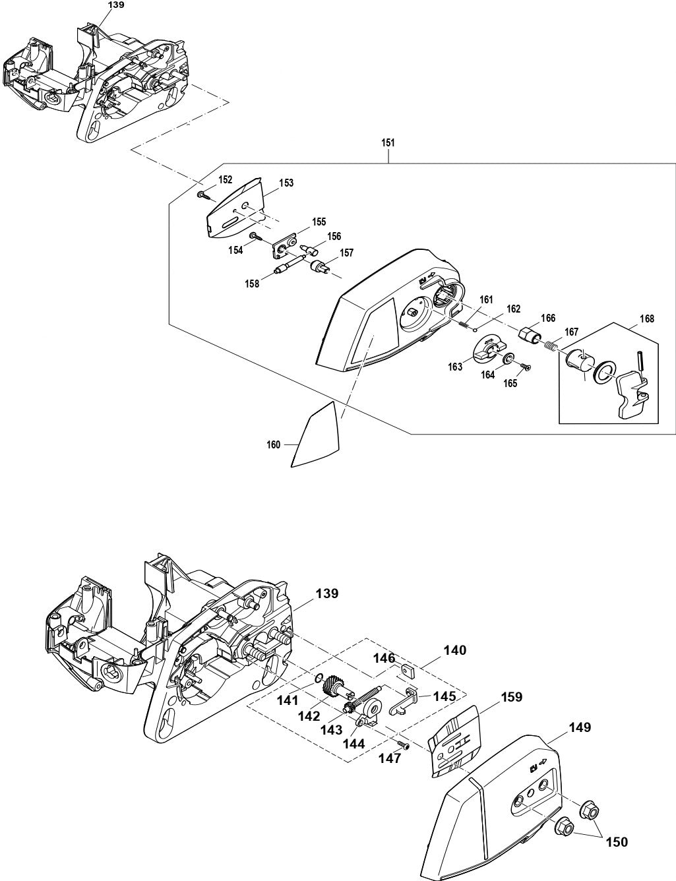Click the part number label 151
[x=389, y=142]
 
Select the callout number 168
[x=646, y=319]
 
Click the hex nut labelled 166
[x=530, y=334]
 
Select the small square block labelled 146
[x=406, y=671]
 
